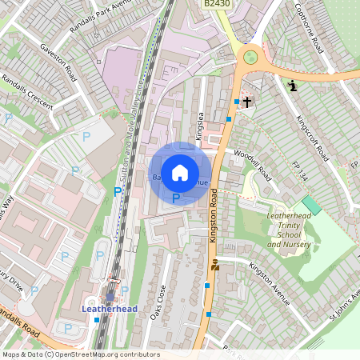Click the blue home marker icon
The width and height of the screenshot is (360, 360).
(180, 173)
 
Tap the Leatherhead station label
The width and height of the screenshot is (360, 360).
(109, 308)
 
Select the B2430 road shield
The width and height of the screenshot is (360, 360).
(216, 4)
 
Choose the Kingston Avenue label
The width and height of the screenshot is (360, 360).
(268, 284)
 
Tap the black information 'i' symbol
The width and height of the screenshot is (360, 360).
(293, 86)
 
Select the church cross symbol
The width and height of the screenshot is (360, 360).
(248, 102)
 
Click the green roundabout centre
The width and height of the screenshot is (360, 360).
(250, 57)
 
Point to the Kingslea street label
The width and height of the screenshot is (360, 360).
(200, 128)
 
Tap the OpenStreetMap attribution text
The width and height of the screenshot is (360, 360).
(80, 354)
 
